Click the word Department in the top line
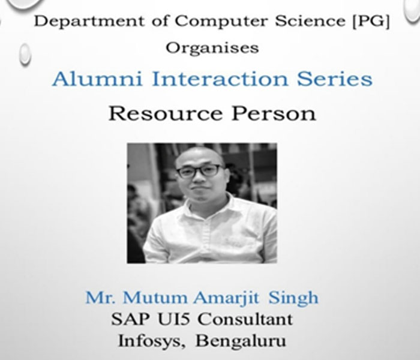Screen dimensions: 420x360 pos(89,22)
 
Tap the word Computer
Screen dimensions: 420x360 pos(221,22)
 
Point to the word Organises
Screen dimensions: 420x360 pos(212,49)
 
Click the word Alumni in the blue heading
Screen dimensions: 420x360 pos(97,79)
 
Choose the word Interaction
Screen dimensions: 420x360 pos(220,79)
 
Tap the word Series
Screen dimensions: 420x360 pos(335,79)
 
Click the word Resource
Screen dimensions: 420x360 pos(166,113)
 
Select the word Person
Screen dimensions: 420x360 pos(274,113)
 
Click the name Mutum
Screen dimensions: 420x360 pos(155,298)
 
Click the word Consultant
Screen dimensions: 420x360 pos(245,319)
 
